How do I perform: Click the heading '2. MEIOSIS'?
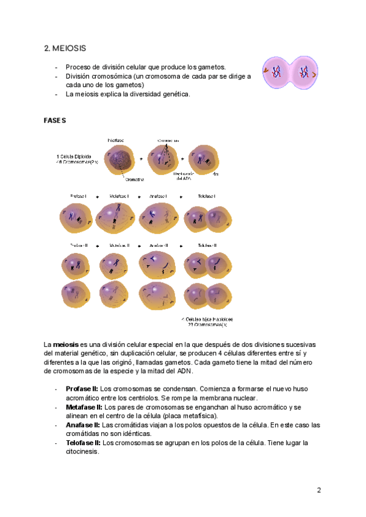coord(65,48)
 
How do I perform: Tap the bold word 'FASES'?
coord(55,121)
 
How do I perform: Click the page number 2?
coord(318,490)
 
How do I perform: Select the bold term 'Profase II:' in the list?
coord(82,388)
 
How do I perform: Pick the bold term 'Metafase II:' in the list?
coord(84,407)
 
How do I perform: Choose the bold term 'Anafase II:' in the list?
coord(83,425)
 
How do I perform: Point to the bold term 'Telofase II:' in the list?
coord(83,443)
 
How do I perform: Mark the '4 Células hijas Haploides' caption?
coord(207,319)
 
